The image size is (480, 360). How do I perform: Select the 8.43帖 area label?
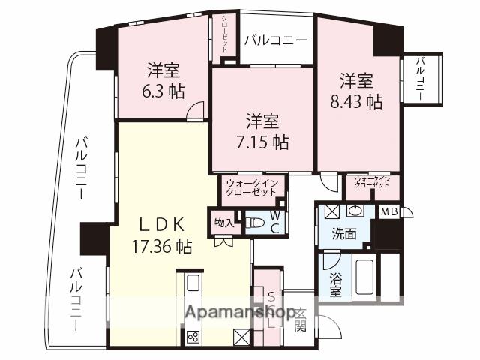tap(357, 101)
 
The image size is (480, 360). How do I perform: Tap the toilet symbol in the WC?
tap(255, 222)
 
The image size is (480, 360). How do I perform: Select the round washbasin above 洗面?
tap(357, 211)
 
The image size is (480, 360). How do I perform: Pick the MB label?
tap(389, 211)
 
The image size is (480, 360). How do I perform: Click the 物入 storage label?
tap(223, 222)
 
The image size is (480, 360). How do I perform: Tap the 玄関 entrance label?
tap(300, 319)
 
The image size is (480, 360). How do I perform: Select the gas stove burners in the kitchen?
tap(193, 335)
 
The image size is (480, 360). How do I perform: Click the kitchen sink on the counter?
tap(192, 283)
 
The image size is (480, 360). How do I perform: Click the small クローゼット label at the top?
tap(225, 33)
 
